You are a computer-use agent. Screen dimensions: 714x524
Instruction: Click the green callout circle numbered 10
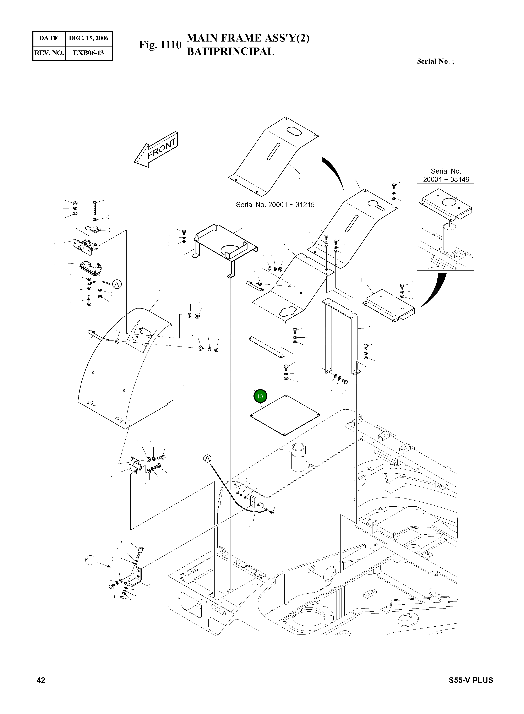tap(260, 396)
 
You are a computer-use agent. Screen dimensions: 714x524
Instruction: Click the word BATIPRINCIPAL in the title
tap(230, 51)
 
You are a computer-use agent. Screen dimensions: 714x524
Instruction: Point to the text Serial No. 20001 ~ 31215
tap(275, 205)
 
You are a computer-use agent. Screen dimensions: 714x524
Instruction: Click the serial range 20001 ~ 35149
tap(446, 180)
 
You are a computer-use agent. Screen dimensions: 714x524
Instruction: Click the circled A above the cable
tap(207, 458)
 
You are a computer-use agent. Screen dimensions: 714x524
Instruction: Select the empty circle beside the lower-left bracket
tap(90, 560)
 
